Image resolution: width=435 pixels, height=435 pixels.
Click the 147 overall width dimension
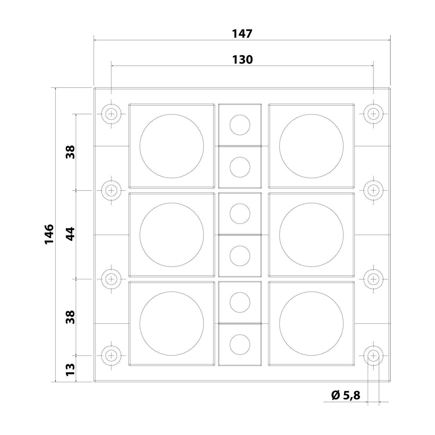click(242, 34)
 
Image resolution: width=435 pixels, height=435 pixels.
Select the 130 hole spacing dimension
click(242, 59)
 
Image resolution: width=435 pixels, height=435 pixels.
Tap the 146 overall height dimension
click(49, 234)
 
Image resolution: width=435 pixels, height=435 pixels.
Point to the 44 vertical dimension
click(70, 234)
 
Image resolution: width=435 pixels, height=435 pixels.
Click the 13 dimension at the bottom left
click(70, 369)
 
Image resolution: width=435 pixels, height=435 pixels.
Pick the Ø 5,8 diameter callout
click(345, 395)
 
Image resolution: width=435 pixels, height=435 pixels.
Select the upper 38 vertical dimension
click(70, 152)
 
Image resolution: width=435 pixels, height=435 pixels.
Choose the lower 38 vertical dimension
click(70, 317)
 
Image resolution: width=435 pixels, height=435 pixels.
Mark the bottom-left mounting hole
click(111, 355)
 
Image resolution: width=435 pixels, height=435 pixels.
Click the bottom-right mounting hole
click(373, 355)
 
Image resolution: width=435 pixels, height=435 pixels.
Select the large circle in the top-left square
click(172, 146)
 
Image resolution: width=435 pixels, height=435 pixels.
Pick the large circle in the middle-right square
click(311, 235)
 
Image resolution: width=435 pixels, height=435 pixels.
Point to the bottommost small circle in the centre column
click(240, 345)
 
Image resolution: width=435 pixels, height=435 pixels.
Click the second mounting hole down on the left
click(111, 191)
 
